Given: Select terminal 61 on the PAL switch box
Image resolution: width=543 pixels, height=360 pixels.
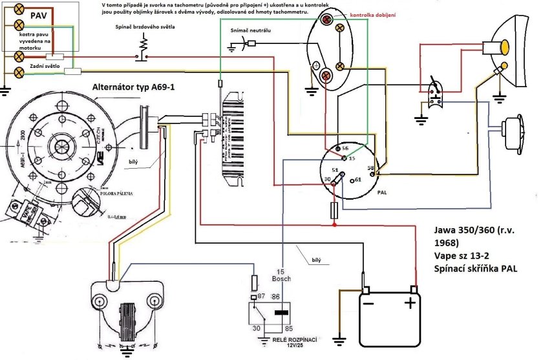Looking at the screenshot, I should click(357, 181).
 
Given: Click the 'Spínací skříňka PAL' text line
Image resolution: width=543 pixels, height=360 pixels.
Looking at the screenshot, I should click(476, 268).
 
